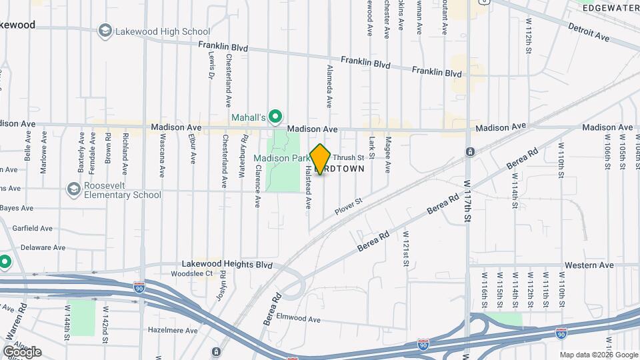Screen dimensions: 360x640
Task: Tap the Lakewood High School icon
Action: (x=105, y=31)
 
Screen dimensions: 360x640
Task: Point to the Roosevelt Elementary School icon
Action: (x=73, y=189)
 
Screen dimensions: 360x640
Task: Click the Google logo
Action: (x=22, y=351)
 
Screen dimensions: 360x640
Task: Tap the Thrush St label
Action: (x=353, y=158)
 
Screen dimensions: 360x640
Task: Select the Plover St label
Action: (x=348, y=201)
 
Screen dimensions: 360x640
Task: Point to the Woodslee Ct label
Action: (x=191, y=273)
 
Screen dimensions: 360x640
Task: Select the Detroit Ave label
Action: (x=589, y=33)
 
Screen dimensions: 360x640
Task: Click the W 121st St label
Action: (x=405, y=249)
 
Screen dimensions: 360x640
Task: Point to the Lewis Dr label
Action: (x=211, y=67)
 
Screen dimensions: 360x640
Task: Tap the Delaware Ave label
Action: (x=43, y=247)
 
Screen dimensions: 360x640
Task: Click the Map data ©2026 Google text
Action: (x=598, y=355)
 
